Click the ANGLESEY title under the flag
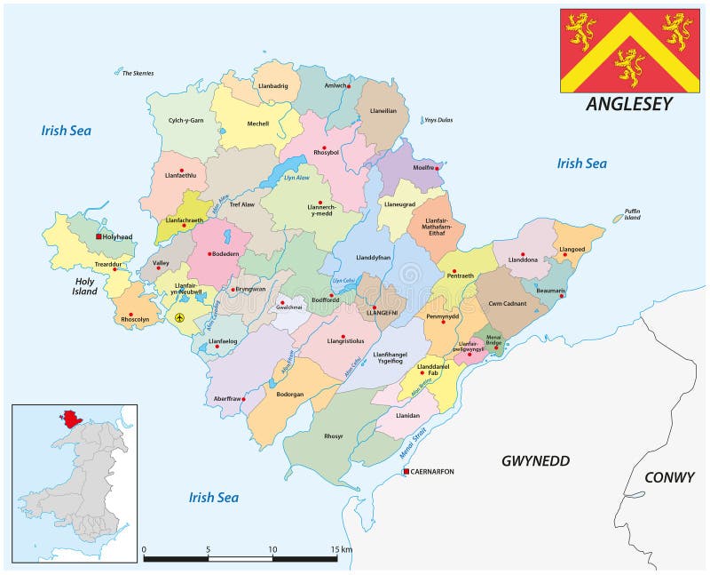pyautogui.click(x=629, y=104)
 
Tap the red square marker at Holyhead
pyautogui.click(x=99, y=236)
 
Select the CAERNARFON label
pyautogui.click(x=432, y=471)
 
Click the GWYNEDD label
pyautogui.click(x=535, y=460)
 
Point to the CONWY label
pyautogui.click(x=668, y=477)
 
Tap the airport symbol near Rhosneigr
pyautogui.click(x=180, y=317)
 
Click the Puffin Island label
pyautogui.click(x=632, y=213)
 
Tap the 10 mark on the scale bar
pyautogui.click(x=272, y=549)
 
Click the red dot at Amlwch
pyautogui.click(x=350, y=86)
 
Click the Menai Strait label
pyautogui.click(x=413, y=442)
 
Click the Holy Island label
pyautogui.click(x=84, y=285)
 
